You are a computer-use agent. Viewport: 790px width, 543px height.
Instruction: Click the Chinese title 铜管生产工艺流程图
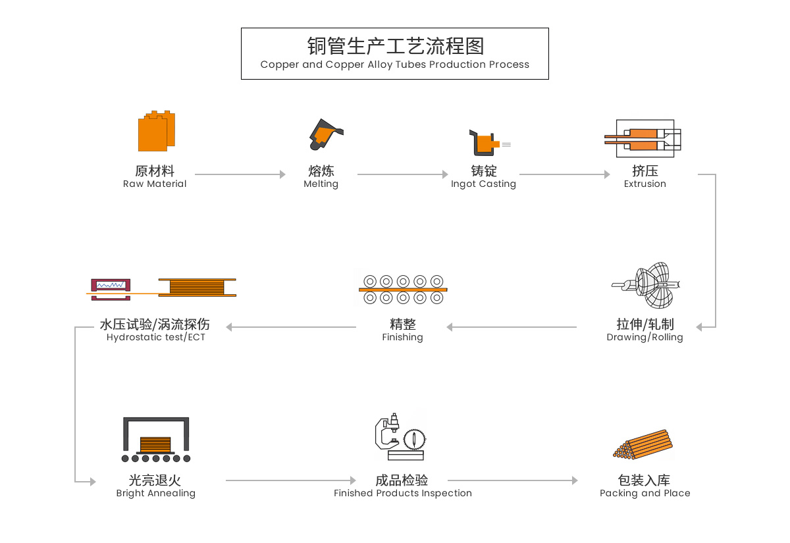point(395,46)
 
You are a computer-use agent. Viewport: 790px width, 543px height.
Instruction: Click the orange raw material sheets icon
point(157,131)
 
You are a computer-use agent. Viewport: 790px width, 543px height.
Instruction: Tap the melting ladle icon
point(325,135)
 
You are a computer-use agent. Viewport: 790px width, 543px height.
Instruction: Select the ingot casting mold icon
point(487,142)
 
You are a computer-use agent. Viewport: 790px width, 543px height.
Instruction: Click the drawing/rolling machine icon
point(646,286)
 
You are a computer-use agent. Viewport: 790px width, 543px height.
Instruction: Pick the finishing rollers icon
point(403,289)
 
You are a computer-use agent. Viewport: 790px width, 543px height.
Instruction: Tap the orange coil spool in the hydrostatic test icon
point(197,288)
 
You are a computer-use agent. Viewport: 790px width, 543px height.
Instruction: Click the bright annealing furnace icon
point(156,439)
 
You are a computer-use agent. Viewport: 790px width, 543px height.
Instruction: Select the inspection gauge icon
point(400,436)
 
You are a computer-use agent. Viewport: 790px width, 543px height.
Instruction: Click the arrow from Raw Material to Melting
point(240,174)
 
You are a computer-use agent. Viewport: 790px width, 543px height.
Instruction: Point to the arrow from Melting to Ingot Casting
point(402,174)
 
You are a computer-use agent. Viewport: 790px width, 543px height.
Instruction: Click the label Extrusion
point(645,184)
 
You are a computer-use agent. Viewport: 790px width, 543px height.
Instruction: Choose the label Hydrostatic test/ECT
point(156,338)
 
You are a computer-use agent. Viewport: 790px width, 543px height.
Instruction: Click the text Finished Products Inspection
point(403,494)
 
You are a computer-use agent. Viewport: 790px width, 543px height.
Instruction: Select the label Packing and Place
point(645,494)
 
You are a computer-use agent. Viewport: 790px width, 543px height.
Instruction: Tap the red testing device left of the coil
point(111,288)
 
